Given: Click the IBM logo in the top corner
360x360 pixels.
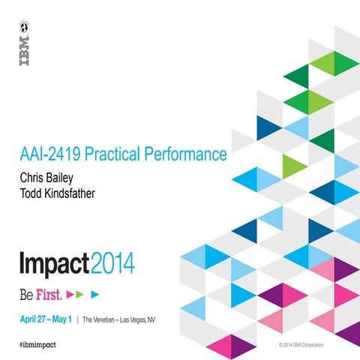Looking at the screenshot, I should tap(25, 51).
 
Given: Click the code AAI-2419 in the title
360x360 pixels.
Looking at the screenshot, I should tap(49, 155).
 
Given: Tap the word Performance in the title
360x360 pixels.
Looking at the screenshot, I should tap(187, 155).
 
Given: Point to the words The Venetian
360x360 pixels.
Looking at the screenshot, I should tap(100, 318).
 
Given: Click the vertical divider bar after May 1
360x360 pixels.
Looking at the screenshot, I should tap(77, 318).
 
